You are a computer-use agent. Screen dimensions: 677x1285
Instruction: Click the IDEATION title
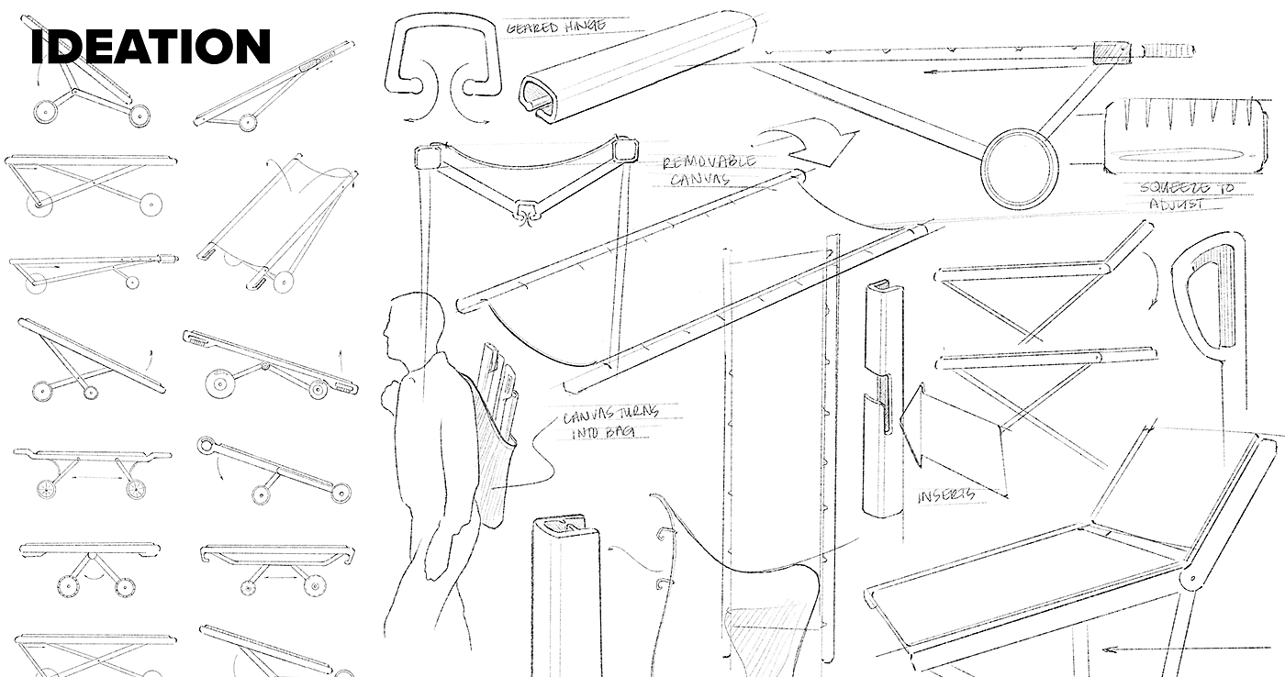(x=151, y=47)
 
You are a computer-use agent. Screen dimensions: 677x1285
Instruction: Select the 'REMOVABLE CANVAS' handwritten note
(x=710, y=170)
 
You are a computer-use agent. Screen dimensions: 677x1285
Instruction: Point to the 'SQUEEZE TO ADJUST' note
(x=1187, y=195)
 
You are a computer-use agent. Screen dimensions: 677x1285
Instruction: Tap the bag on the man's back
(x=496, y=431)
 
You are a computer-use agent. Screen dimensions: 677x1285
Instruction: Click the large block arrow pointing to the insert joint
(x=955, y=431)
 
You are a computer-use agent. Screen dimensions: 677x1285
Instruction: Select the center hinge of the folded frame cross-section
(x=525, y=213)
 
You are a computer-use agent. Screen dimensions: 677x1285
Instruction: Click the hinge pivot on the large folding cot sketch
(x=1192, y=582)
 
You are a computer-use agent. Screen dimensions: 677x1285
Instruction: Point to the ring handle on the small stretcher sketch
(x=207, y=447)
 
